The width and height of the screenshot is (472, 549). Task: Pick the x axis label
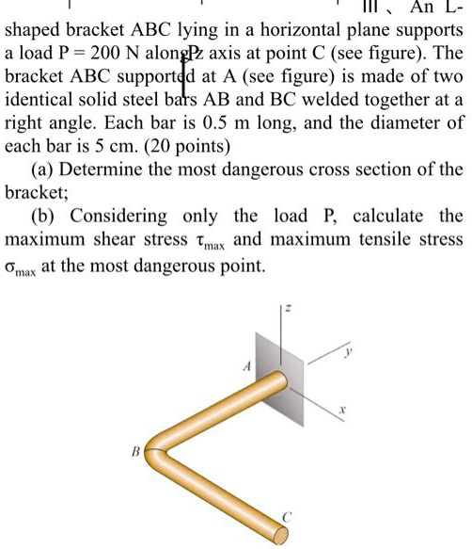click(343, 412)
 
